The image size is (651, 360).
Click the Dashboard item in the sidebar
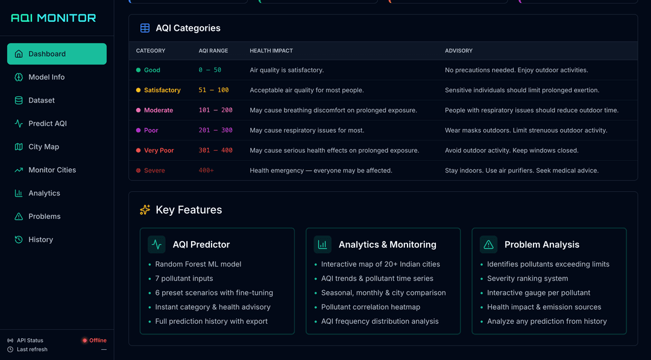[57, 54]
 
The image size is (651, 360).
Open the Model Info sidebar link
[46, 77]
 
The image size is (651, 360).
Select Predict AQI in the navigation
[48, 124]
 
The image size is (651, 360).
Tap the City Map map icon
[19, 147]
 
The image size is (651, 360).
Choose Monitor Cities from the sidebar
[52, 170]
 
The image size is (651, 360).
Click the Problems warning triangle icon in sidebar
[19, 216]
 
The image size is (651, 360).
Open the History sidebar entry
[40, 239]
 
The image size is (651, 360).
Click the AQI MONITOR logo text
[54, 18]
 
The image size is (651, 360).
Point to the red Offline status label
[98, 340]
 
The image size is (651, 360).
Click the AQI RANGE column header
[212, 51]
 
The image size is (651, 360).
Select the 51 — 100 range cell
[213, 90]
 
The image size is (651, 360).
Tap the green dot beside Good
[139, 70]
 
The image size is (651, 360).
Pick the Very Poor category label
[159, 151]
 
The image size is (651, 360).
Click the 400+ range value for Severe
[206, 171]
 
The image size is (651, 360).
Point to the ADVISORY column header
[459, 51]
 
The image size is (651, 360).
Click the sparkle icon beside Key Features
[145, 210]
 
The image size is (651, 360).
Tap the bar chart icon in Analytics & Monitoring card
[322, 244]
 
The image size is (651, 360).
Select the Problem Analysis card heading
[541, 244]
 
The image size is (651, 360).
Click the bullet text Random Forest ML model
[198, 264]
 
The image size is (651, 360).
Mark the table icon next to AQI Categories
[145, 28]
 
